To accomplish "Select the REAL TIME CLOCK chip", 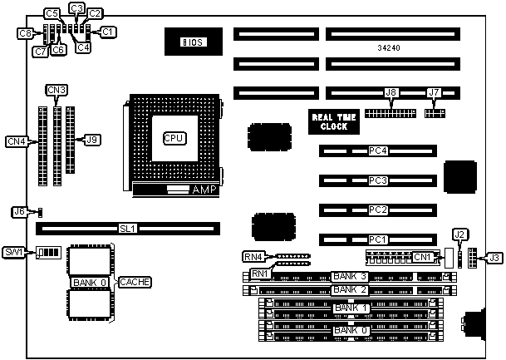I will (334, 122).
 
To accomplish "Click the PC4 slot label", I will (379, 151).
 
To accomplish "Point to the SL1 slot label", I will (127, 227).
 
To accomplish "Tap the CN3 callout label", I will (56, 90).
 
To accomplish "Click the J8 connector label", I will (391, 94).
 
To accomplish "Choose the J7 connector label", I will (433, 93).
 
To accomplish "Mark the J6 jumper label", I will (18, 211).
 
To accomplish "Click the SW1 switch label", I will (13, 251).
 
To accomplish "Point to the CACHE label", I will (134, 282).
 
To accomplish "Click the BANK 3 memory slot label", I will (349, 275).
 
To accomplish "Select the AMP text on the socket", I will (204, 190).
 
